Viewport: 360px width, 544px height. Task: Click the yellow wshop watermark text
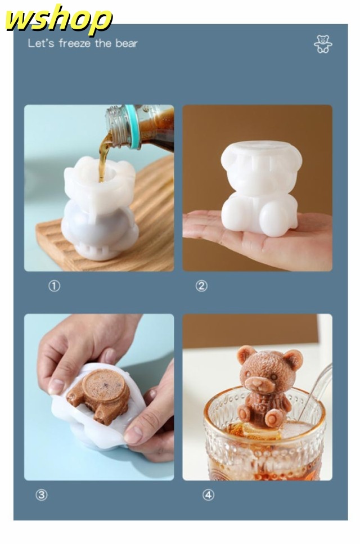coord(58,20)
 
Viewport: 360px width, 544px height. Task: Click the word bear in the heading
coord(127,43)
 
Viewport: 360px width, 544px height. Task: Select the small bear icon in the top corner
coord(323,44)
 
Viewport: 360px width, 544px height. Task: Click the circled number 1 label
coord(54,286)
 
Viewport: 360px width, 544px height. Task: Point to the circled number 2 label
coord(201,286)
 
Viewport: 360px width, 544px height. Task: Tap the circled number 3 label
coord(41,494)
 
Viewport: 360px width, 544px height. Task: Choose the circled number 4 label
coord(208,494)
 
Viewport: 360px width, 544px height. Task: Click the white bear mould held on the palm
coord(261,188)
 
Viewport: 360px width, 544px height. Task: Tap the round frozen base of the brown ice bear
coord(103,386)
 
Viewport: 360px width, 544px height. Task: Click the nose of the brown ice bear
coord(256,383)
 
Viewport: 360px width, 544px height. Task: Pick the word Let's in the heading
coord(41,43)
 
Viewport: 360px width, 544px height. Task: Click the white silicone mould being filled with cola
coord(100,208)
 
